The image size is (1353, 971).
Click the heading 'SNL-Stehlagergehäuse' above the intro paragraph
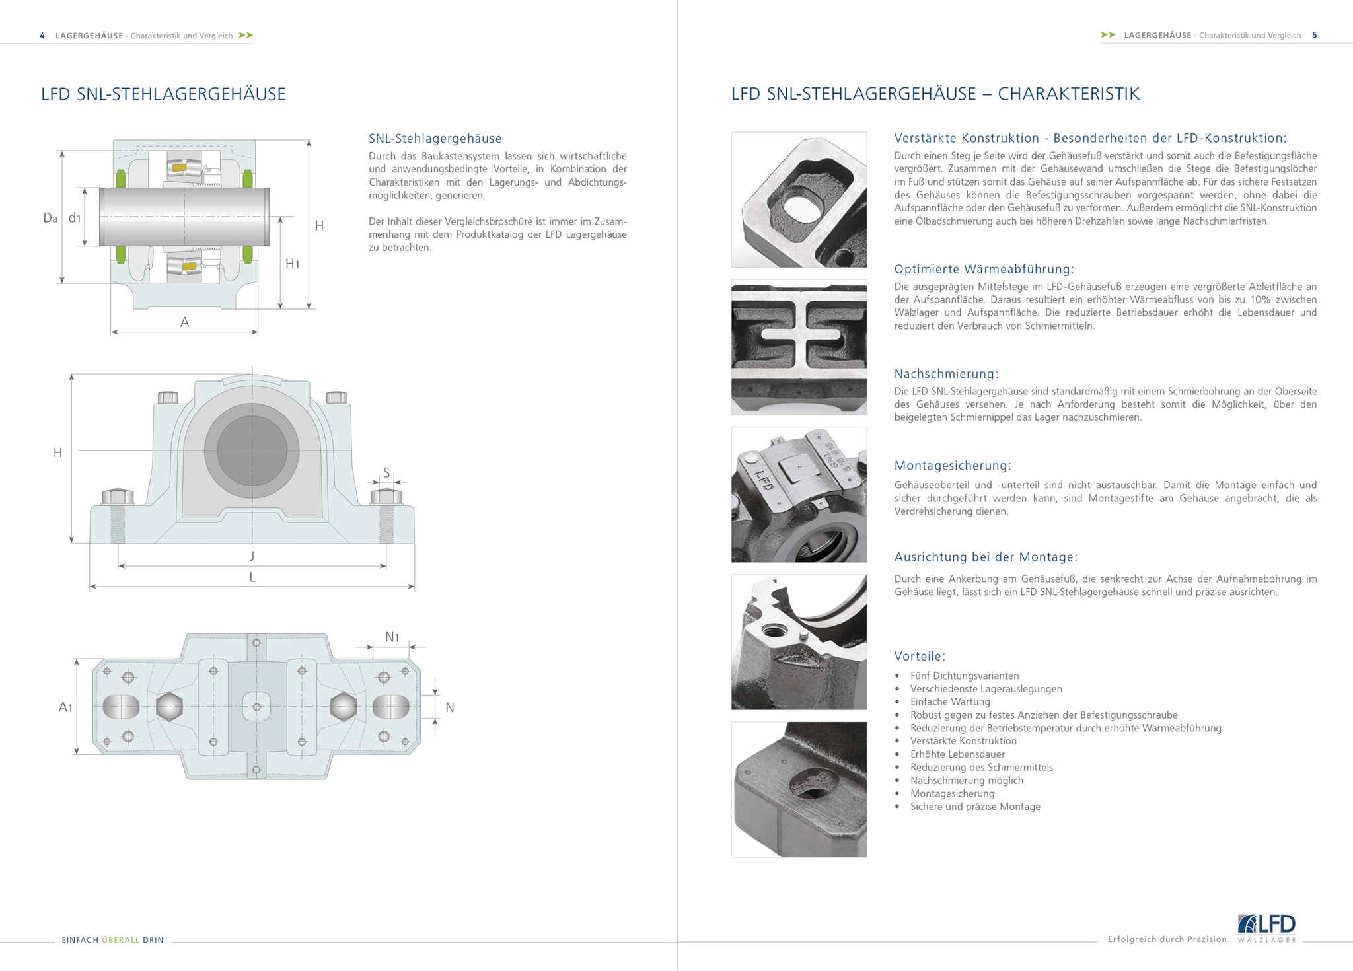point(435,139)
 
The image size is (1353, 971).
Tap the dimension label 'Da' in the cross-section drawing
point(50,218)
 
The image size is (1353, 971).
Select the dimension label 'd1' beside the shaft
point(75,218)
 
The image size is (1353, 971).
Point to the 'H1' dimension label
point(292,264)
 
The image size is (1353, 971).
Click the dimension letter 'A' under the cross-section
point(184,322)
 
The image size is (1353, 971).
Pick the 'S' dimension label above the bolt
point(386,472)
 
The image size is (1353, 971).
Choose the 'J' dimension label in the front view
point(252,556)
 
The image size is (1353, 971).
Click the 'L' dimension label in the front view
point(252,577)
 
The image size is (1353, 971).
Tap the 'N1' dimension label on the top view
point(392,637)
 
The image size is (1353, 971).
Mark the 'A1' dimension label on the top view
point(65,707)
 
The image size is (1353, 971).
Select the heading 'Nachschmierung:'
point(946,374)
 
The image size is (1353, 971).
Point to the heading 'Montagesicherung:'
point(953,466)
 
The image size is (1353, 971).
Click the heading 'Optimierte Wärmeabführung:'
point(984,269)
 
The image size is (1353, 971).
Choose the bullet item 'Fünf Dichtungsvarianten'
point(964,676)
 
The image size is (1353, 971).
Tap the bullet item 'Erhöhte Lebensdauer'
point(957,754)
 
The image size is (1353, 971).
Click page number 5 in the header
point(1314,35)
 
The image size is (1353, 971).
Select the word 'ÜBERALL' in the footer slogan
point(121,940)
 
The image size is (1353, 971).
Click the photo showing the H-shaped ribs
point(799,347)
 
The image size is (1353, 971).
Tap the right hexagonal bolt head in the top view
point(344,706)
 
